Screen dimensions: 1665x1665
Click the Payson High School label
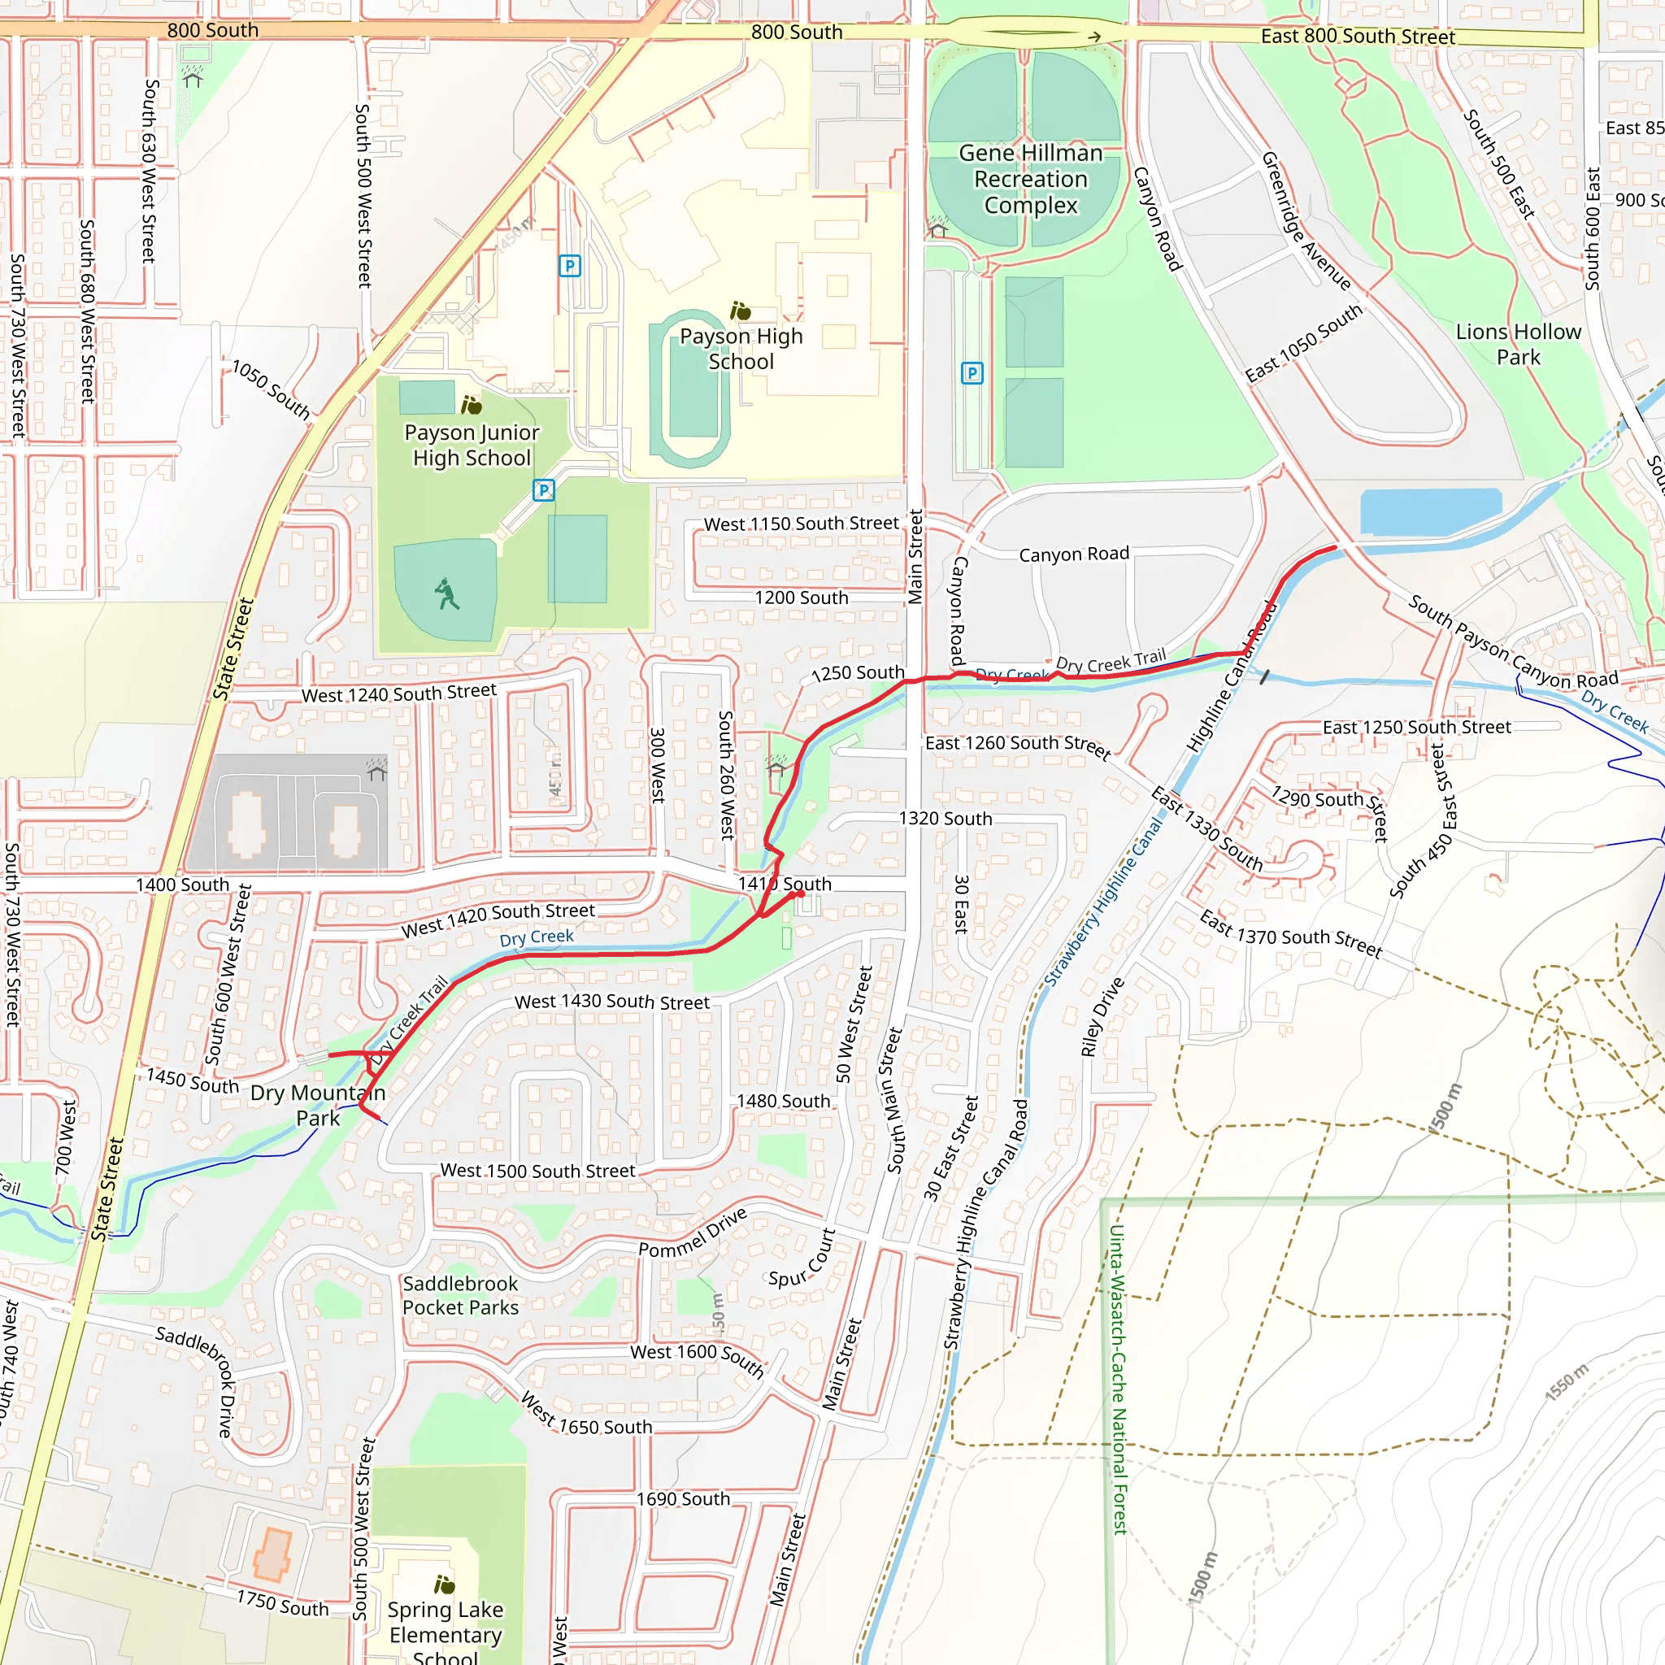click(x=741, y=348)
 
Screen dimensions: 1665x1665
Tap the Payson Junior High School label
click(x=472, y=445)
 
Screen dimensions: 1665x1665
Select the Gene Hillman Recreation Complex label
click(x=1031, y=179)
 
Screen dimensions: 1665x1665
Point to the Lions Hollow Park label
click(x=1518, y=344)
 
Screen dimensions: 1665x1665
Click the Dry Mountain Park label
click(x=317, y=1105)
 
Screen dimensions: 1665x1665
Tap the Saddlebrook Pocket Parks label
click(x=460, y=1295)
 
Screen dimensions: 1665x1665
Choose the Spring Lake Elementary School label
click(x=445, y=1633)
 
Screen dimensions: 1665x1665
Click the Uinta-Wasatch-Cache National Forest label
click(x=1118, y=1379)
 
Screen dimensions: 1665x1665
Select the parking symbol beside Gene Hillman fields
click(x=972, y=373)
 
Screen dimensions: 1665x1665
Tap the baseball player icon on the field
click(x=446, y=593)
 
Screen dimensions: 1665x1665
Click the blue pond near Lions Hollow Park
click(x=1430, y=511)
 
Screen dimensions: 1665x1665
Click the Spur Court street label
click(x=802, y=1259)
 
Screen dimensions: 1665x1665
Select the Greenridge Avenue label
click(x=1306, y=220)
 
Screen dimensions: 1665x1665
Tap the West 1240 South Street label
click(x=398, y=693)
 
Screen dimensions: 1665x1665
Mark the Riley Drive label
click(x=1102, y=1017)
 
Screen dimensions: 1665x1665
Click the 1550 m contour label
click(x=1566, y=1382)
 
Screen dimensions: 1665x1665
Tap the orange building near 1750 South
click(x=272, y=1554)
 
